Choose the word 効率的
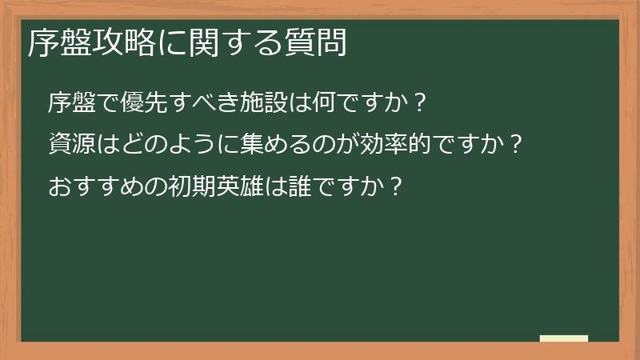[401, 145]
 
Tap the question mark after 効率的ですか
[517, 145]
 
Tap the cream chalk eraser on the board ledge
[563, 339]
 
